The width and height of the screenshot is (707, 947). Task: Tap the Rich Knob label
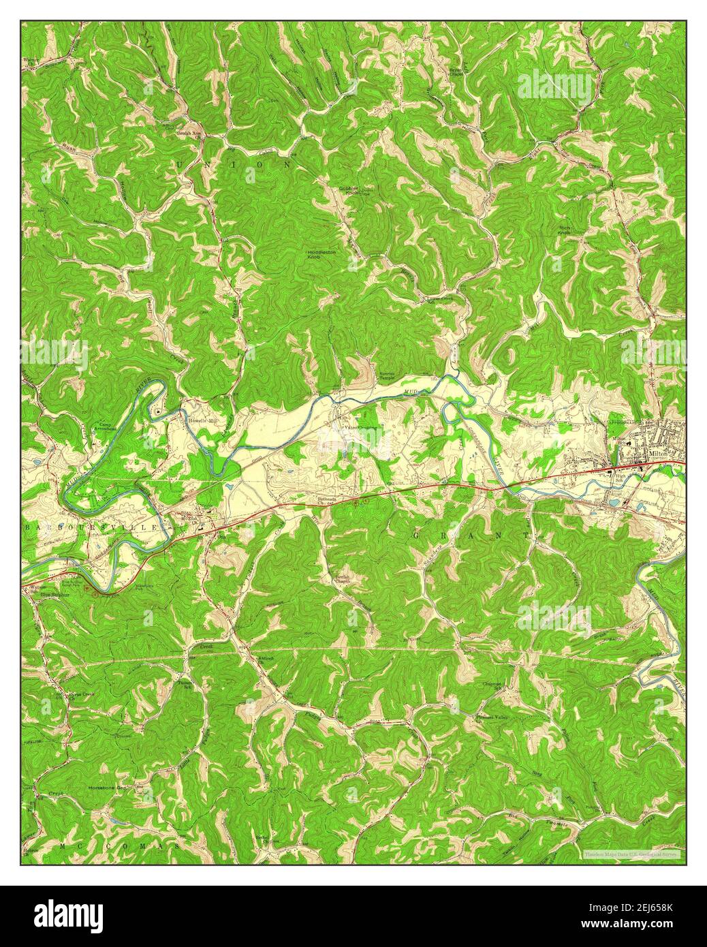[565, 230]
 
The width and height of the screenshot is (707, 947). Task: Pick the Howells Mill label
[202, 421]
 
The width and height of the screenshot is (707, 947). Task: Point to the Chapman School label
[492, 685]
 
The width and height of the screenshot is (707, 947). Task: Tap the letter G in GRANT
[416, 536]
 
